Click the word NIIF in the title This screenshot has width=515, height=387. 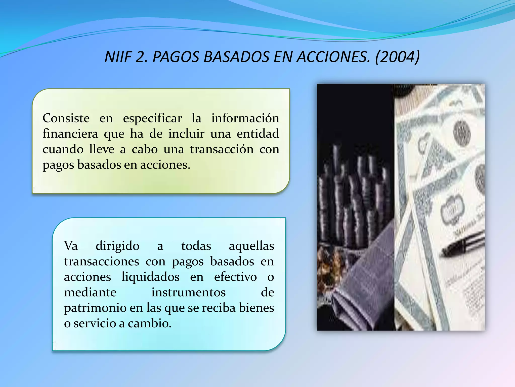coord(118,57)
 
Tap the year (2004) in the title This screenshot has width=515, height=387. coord(398,57)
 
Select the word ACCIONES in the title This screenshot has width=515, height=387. coord(333,57)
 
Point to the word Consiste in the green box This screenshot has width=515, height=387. coord(66,118)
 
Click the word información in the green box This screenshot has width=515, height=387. coord(245,118)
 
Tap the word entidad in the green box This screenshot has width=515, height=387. coord(258,134)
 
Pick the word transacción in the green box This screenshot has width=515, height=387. coord(222,149)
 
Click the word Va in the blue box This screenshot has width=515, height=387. coord(71,246)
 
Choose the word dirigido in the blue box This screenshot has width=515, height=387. coord(117,246)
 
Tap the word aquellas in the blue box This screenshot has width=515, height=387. coord(251,246)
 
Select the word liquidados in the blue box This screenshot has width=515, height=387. coord(150,277)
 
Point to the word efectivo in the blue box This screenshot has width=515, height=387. coord(235,277)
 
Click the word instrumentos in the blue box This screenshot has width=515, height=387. coord(188,293)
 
